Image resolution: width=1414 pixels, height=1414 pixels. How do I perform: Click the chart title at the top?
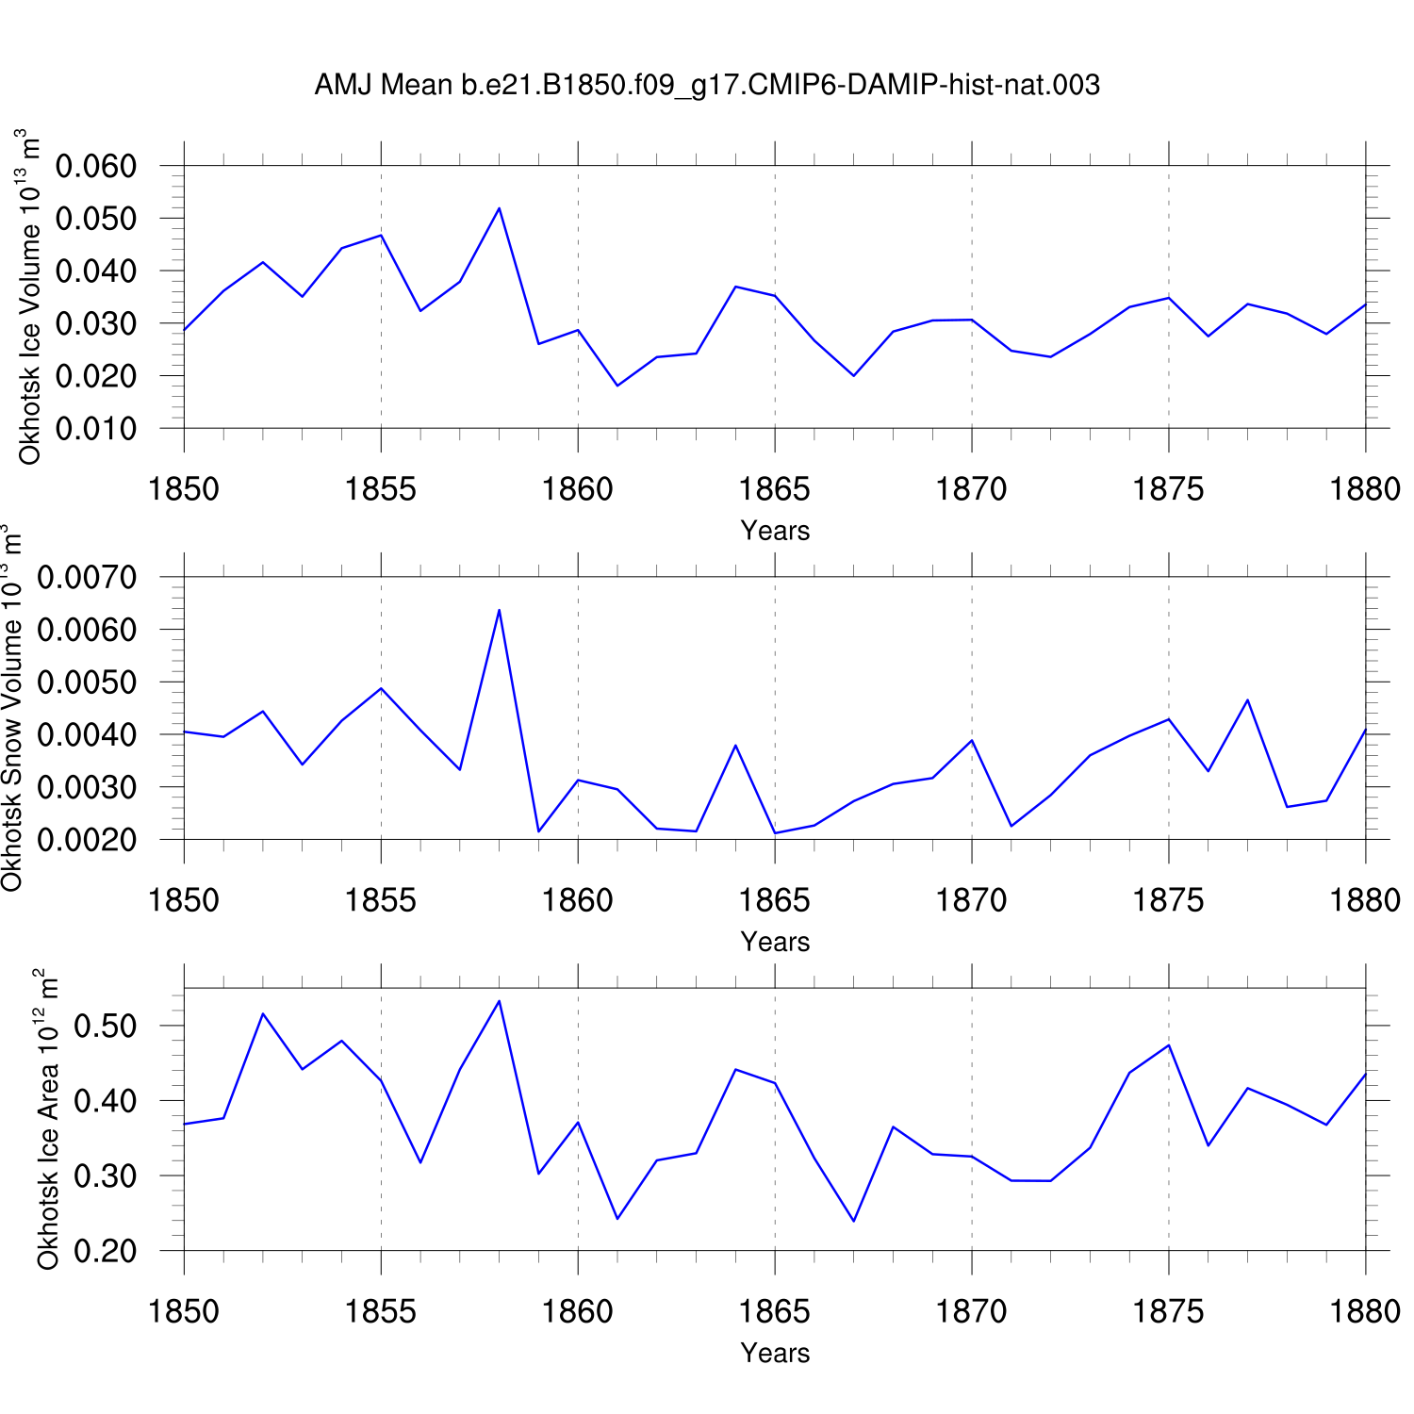pyautogui.click(x=707, y=86)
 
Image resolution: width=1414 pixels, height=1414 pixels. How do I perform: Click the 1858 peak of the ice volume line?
pyautogui.click(x=499, y=208)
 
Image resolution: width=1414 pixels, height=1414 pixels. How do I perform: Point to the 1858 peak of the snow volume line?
pyautogui.click(x=499, y=610)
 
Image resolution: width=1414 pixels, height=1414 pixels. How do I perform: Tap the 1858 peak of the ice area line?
pyautogui.click(x=499, y=1001)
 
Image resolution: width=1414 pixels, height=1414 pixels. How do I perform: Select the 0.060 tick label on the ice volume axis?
pyautogui.click(x=96, y=167)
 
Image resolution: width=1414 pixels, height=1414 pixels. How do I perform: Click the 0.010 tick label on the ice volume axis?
pyautogui.click(x=96, y=429)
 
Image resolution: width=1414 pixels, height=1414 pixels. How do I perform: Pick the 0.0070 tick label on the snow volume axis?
pyautogui.click(x=87, y=577)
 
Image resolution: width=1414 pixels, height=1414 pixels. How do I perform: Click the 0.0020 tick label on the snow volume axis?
pyautogui.click(x=87, y=840)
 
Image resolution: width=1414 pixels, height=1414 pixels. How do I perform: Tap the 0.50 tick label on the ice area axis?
pyautogui.click(x=105, y=1026)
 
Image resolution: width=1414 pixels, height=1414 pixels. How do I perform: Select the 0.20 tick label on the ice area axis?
pyautogui.click(x=105, y=1251)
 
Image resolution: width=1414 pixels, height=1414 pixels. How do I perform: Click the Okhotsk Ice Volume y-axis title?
pyautogui.click(x=30, y=297)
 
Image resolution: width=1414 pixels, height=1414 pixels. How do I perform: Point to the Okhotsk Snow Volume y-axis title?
pyautogui.click(x=11, y=708)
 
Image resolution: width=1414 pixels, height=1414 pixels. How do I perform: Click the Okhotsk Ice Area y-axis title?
pyautogui.click(x=48, y=1119)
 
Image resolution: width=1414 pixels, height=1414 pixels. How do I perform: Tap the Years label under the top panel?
pyautogui.click(x=775, y=531)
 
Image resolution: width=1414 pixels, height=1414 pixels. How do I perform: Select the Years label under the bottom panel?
pyautogui.click(x=775, y=1353)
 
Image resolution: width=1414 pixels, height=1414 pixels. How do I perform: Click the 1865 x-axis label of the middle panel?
pyautogui.click(x=775, y=900)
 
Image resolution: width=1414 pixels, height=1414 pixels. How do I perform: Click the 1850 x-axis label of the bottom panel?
pyautogui.click(x=184, y=1311)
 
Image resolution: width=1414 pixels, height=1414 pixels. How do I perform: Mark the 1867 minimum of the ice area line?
pyautogui.click(x=854, y=1221)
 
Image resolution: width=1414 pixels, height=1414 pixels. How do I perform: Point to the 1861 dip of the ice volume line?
pyautogui.click(x=617, y=386)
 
